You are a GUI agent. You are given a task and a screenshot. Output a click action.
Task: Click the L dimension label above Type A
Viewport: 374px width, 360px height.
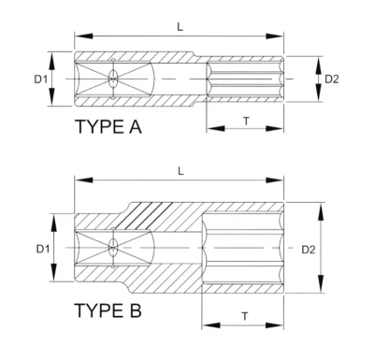(180, 29)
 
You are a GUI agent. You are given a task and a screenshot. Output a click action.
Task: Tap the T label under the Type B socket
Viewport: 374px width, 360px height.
(245, 316)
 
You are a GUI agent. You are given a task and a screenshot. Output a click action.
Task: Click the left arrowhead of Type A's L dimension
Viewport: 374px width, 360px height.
(79, 39)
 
